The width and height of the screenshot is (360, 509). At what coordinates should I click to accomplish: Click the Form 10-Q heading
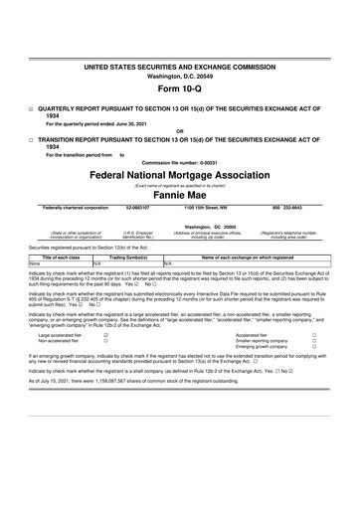pyautogui.click(x=179, y=87)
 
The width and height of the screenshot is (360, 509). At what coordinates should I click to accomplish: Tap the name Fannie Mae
pyautogui.click(x=179, y=194)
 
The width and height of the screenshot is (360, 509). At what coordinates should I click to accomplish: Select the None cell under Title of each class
pyautogui.click(x=35, y=262)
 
